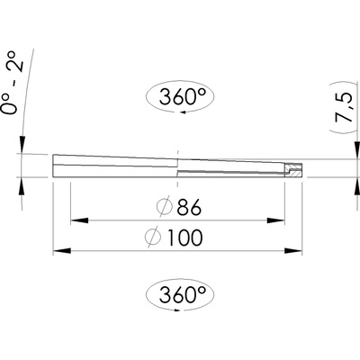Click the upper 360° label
pyautogui.click(x=183, y=96)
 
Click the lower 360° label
pyautogui.click(x=183, y=294)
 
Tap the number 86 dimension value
pyautogui.click(x=189, y=207)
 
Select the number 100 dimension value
pyautogui.click(x=184, y=238)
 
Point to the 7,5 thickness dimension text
pyautogui.click(x=344, y=107)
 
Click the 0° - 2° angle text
pyautogui.click(x=13, y=83)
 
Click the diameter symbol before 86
pyautogui.click(x=165, y=207)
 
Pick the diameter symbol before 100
pyautogui.click(x=153, y=238)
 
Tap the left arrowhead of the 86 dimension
pyautogui.click(x=79, y=220)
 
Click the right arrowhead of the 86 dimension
pyautogui.click(x=275, y=220)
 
